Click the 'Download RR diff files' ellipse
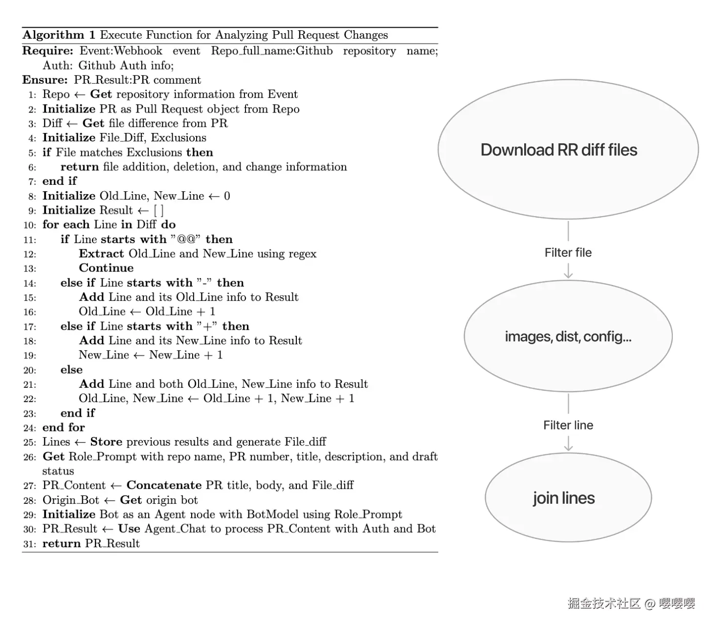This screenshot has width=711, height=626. pos(568,150)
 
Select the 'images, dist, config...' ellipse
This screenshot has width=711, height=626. pos(568,336)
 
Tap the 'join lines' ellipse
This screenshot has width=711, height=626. pos(568,498)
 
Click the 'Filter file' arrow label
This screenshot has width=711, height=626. pos(568,252)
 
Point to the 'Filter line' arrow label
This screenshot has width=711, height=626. pos(568,425)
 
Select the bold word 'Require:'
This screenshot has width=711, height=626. pos(47,51)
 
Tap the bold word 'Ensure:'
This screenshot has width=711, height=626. pos(45,80)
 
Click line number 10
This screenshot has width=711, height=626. pos(29,225)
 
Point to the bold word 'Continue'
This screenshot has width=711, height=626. pos(106,268)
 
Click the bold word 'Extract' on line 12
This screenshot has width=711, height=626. pos(101,254)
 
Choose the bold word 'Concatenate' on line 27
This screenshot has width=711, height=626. pos(164,485)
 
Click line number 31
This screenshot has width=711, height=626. pos(29,544)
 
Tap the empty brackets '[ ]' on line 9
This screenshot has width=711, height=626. pos(158,210)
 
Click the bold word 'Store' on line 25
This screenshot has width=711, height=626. pos(106,442)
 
